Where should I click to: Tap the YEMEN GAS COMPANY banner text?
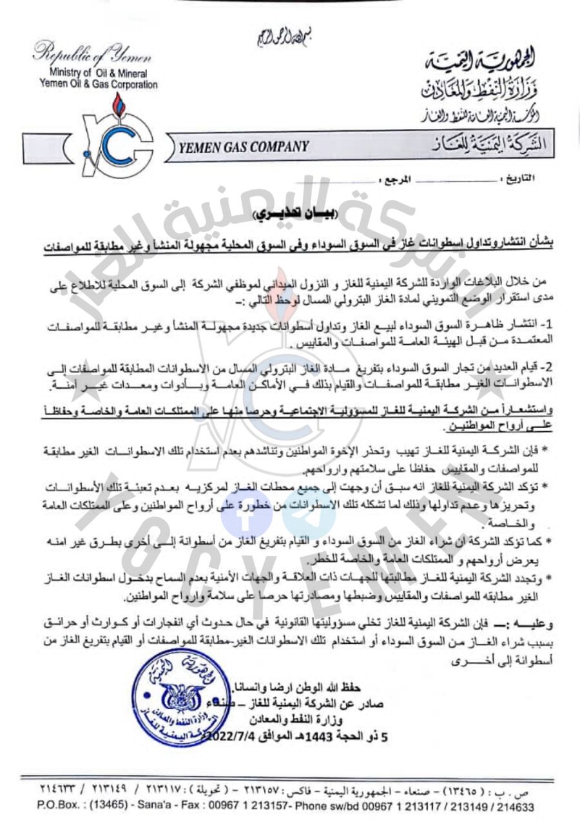click(244, 146)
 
